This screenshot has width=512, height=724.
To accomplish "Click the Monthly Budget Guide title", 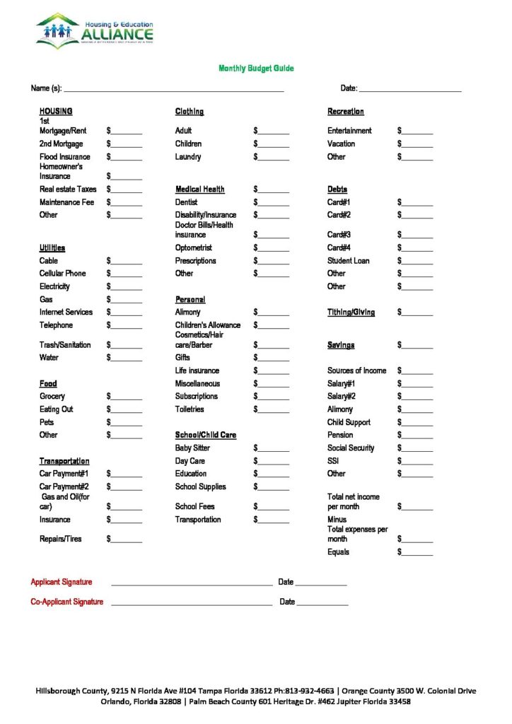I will tap(255, 69).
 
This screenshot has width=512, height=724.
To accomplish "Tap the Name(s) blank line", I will tap(173, 88).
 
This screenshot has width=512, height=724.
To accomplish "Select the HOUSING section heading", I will tap(56, 112).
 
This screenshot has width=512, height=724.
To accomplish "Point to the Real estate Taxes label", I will tap(68, 189).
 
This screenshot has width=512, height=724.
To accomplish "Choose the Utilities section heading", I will tap(52, 248).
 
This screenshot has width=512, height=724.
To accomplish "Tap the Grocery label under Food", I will tap(52, 397).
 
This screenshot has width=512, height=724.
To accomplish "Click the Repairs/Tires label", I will tap(60, 539).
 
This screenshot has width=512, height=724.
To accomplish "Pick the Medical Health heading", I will tap(200, 189).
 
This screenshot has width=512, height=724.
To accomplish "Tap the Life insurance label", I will tap(197, 370).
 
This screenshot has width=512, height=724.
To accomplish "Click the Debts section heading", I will tap(337, 189).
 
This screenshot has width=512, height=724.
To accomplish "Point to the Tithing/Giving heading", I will tap(351, 313).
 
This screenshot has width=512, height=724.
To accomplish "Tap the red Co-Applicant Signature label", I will tap(66, 602).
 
